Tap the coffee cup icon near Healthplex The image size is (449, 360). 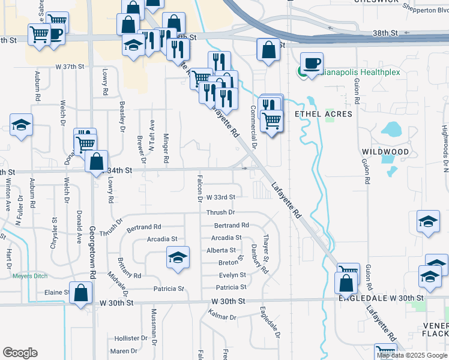tap(312, 63)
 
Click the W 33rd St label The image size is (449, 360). tap(220, 197)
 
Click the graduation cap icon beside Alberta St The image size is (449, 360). tap(177, 257)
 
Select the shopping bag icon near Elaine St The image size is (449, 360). tap(81, 293)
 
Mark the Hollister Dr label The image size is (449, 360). tap(126, 338)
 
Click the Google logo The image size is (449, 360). tap(20, 353)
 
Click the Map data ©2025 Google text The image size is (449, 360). tap(411, 355)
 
